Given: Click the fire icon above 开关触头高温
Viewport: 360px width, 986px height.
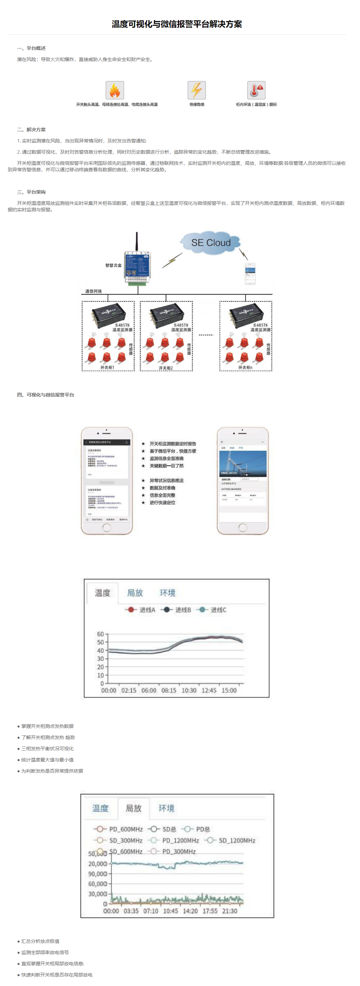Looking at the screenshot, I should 115,90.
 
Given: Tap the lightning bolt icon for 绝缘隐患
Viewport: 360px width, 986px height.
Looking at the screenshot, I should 197,90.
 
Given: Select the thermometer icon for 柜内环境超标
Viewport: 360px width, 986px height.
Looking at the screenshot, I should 256,90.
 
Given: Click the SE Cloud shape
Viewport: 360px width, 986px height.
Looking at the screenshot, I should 211,243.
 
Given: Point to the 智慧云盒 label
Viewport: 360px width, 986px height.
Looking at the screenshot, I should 113,265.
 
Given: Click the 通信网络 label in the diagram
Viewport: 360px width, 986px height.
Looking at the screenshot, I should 93,291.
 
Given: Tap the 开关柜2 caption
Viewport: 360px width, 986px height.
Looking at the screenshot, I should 166,368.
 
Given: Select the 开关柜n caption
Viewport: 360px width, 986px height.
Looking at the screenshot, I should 245,367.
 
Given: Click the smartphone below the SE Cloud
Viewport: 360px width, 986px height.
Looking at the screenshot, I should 250,274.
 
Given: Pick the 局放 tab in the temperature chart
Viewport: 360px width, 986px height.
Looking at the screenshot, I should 135,593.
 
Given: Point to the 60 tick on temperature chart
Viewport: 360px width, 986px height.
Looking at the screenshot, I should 100,634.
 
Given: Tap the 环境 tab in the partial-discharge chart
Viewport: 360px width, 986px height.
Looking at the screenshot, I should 166,808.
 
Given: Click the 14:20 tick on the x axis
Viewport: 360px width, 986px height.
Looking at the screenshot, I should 190,911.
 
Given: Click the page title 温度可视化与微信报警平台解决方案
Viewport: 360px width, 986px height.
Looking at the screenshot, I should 177,24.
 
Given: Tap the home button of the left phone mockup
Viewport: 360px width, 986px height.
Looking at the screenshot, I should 107,527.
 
